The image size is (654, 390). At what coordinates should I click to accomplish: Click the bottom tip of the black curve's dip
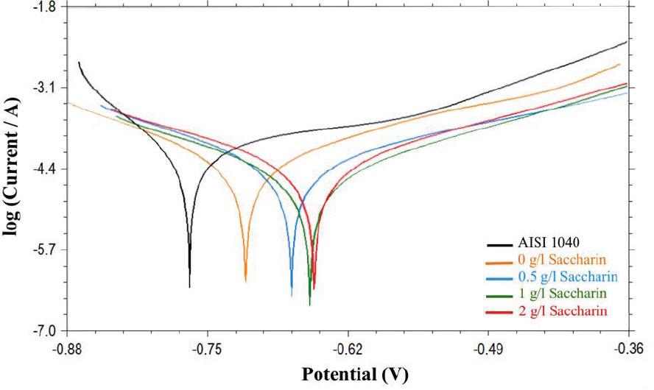pyautogui.click(x=189, y=287)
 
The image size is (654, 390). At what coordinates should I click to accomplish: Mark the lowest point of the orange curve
pyautogui.click(x=245, y=281)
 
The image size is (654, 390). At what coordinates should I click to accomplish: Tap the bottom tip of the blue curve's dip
pyautogui.click(x=292, y=296)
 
